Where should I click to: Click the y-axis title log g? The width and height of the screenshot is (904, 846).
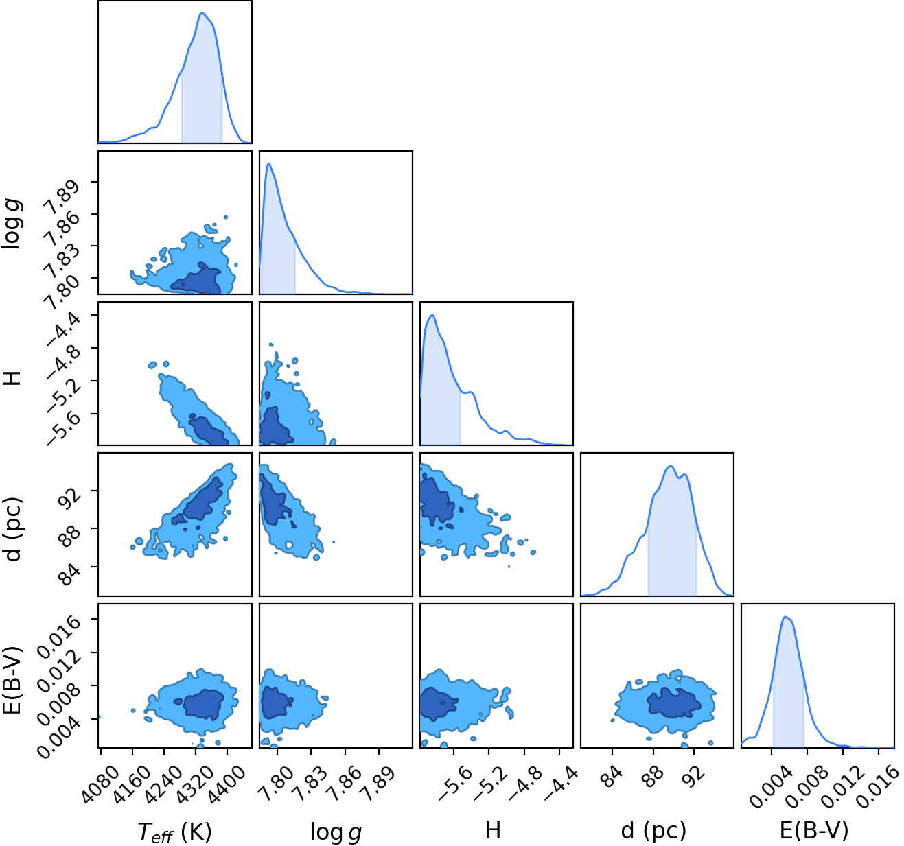[13, 223]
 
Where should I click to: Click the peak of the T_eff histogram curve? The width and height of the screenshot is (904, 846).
[202, 13]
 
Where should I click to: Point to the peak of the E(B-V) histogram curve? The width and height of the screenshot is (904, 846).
[785, 617]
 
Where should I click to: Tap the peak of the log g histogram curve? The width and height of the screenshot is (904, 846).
[268, 163]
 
